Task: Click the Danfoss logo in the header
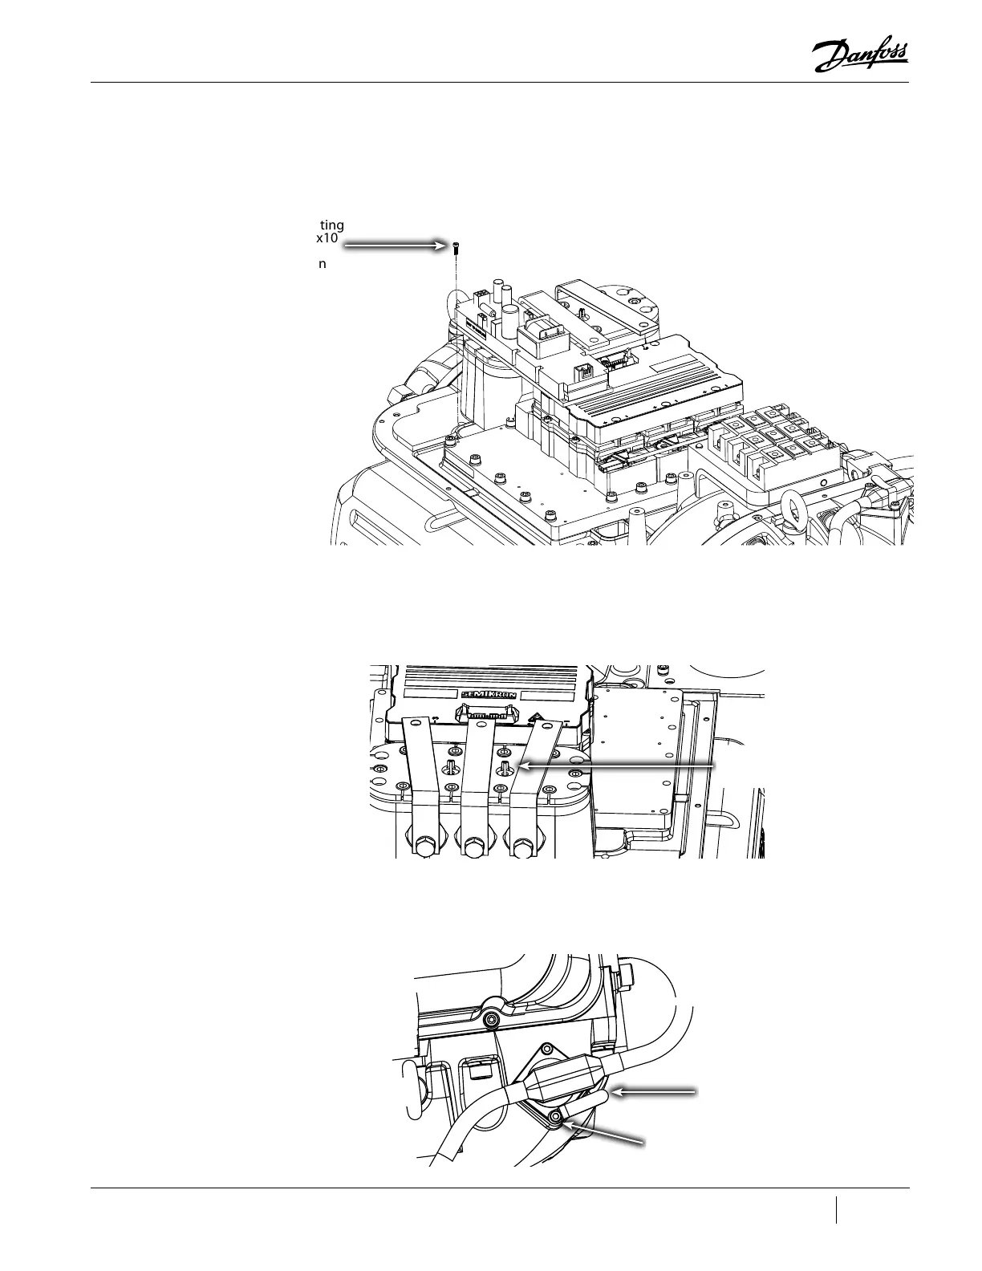point(859,57)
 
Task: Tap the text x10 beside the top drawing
point(327,238)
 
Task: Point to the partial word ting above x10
point(331,225)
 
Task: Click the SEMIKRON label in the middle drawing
point(489,695)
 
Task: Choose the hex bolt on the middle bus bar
point(473,845)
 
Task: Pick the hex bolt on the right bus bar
point(521,845)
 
